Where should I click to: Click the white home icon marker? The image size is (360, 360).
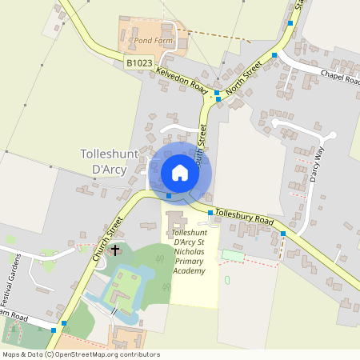pyautogui.click(x=180, y=173)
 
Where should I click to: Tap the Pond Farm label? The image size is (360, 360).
pyautogui.click(x=154, y=39)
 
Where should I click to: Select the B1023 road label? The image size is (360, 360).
pyautogui.click(x=138, y=61)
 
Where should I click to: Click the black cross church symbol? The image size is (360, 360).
pyautogui.click(x=114, y=250)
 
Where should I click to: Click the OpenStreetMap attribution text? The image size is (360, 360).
pyautogui.click(x=81, y=354)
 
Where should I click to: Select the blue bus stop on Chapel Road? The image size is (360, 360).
pyautogui.click(x=274, y=55)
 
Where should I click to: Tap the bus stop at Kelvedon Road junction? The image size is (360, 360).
pyautogui.click(x=216, y=94)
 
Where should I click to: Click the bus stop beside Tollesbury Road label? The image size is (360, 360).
pyautogui.click(x=210, y=213)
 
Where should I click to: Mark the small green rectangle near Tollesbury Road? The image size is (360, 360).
pyautogui.click(x=232, y=254)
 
